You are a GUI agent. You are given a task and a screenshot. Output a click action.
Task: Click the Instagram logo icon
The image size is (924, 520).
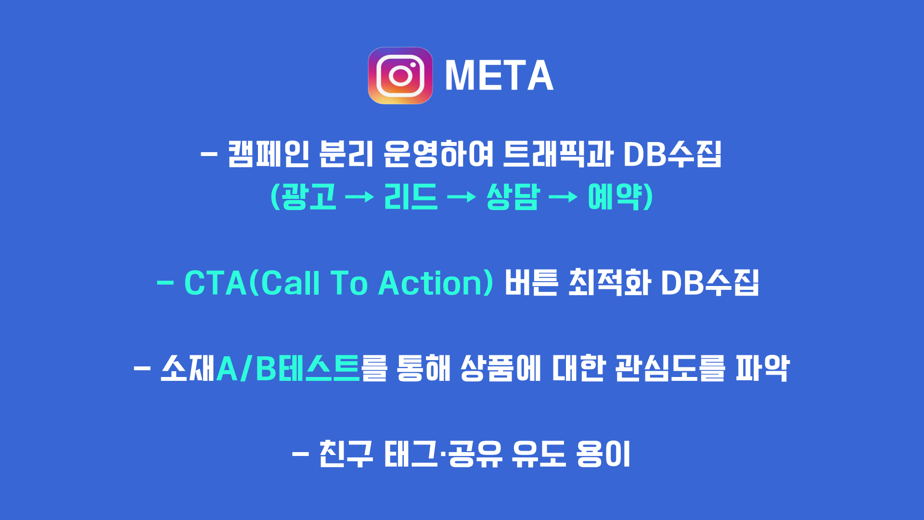400,76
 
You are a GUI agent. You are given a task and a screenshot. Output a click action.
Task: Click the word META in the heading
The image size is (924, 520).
499,76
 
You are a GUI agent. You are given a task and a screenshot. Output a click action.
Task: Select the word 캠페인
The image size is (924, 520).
268,154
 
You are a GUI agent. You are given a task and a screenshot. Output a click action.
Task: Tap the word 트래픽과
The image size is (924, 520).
558,154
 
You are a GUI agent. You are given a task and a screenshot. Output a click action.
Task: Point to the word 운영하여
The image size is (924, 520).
438,154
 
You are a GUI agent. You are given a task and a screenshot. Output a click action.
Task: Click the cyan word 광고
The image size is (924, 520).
308,196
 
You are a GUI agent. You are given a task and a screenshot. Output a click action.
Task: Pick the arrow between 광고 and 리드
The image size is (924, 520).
359,196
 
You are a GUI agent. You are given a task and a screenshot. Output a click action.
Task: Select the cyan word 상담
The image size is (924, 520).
513,196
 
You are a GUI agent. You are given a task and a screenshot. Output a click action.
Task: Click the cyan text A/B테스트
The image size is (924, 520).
288,368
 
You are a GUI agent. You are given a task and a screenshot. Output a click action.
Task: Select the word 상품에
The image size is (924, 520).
501,368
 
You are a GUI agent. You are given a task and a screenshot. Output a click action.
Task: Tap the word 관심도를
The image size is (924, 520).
670,368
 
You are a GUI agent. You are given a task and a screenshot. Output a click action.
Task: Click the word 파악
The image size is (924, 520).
763,368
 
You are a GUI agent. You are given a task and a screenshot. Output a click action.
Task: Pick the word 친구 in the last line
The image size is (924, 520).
346,454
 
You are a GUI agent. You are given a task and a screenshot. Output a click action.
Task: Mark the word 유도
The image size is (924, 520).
539,454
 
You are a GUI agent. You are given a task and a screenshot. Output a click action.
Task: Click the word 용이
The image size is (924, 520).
603,454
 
